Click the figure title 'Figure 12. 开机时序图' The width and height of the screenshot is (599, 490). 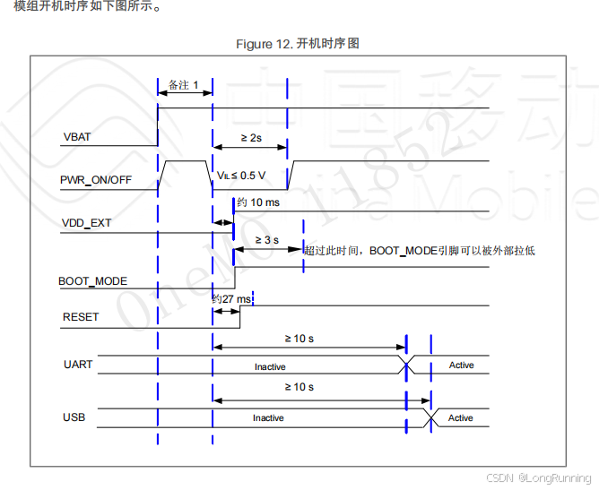pyautogui.click(x=298, y=44)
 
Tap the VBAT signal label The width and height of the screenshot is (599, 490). pyautogui.click(x=77, y=138)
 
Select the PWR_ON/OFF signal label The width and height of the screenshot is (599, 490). pyautogui.click(x=96, y=180)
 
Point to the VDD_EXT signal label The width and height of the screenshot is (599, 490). pyautogui.click(x=87, y=222)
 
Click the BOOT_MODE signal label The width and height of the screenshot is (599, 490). pyautogui.click(x=92, y=281)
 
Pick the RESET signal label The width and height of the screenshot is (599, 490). pyautogui.click(x=81, y=317)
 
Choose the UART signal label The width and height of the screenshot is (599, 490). pyautogui.click(x=78, y=365)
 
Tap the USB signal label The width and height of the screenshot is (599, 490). pyautogui.click(x=74, y=417)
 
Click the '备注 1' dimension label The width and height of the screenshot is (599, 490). pyautogui.click(x=184, y=84)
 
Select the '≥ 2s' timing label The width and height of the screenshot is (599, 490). pyautogui.click(x=251, y=138)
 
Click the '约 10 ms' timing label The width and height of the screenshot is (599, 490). pyautogui.click(x=258, y=203)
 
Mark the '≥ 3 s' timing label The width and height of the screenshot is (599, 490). pyautogui.click(x=267, y=240)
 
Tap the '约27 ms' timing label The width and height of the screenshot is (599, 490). pyautogui.click(x=231, y=298)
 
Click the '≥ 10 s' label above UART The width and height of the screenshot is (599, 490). pyautogui.click(x=299, y=339)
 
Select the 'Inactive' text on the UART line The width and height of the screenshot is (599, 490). pyautogui.click(x=270, y=366)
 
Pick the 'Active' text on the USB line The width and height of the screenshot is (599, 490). pyautogui.click(x=461, y=418)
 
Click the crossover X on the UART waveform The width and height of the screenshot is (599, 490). pyautogui.click(x=407, y=364)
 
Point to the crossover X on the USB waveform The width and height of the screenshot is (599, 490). pyautogui.click(x=431, y=417)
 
